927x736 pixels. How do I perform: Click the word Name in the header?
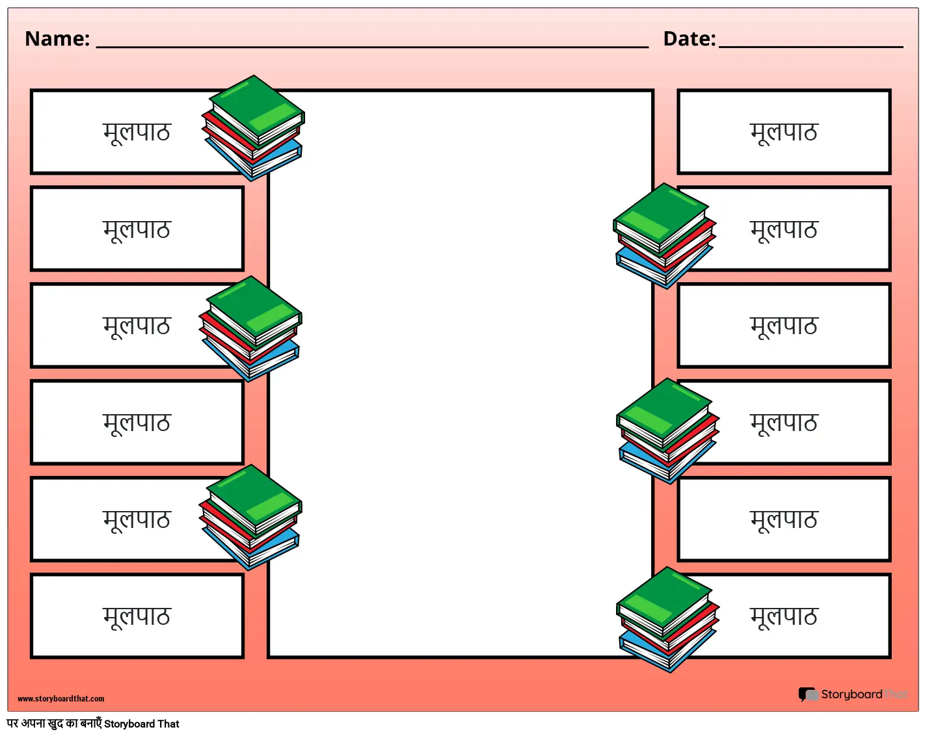click(x=57, y=39)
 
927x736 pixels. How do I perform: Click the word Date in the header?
click(x=689, y=39)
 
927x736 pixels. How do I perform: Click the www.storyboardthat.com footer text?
click(x=60, y=699)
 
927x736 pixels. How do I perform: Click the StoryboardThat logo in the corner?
click(x=853, y=694)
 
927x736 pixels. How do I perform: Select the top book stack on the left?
click(x=254, y=128)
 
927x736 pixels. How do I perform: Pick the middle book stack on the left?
click(x=251, y=329)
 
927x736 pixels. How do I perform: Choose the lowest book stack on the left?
click(x=251, y=518)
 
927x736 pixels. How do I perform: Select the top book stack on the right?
click(x=664, y=236)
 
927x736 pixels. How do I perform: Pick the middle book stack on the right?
click(x=667, y=431)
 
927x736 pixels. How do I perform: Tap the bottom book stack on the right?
click(x=667, y=620)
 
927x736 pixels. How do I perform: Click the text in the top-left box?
click(x=137, y=132)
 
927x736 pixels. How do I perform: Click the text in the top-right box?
click(x=783, y=132)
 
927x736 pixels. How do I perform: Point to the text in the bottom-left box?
click(x=137, y=616)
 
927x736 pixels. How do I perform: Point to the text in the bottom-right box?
click(x=783, y=616)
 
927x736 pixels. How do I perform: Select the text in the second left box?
click(x=137, y=229)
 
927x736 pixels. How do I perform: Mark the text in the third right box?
click(x=783, y=326)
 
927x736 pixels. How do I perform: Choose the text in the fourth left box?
click(x=137, y=423)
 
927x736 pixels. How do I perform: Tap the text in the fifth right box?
click(x=783, y=519)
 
